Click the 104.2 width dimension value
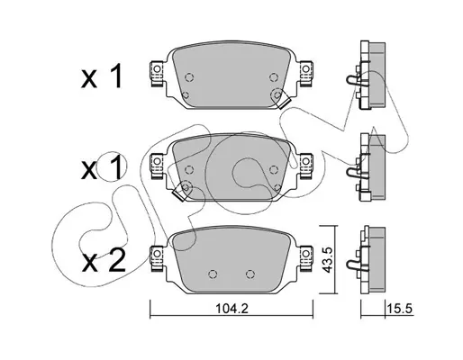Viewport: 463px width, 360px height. (x=231, y=309)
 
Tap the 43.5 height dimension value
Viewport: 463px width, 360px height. (x=328, y=260)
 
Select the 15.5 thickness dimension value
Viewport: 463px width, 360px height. (x=400, y=309)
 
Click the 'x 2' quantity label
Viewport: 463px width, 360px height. (x=104, y=261)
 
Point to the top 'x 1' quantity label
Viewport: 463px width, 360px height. (x=102, y=76)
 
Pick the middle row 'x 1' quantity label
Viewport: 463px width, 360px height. (x=102, y=168)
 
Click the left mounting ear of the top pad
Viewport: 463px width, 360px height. (x=157, y=74)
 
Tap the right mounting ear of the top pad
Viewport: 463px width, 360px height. (x=305, y=74)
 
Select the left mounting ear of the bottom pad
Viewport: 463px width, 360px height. (x=157, y=258)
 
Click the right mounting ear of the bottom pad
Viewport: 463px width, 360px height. (x=305, y=258)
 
